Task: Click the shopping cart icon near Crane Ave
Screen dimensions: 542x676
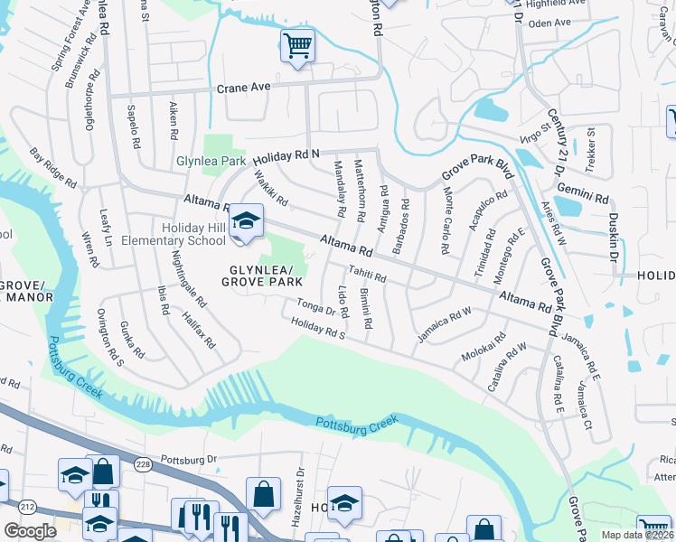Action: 297,44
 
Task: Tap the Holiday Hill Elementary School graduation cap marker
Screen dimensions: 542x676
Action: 245,221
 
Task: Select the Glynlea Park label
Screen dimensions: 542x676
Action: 211,161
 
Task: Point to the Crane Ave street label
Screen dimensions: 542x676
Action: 244,89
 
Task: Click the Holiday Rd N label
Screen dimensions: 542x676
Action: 291,153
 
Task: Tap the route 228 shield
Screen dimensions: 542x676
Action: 144,463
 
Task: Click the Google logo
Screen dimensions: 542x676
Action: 30,530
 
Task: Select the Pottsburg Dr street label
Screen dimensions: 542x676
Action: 189,459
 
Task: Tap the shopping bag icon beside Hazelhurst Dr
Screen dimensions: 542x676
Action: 263,493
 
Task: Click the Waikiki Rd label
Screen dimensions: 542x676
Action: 270,189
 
